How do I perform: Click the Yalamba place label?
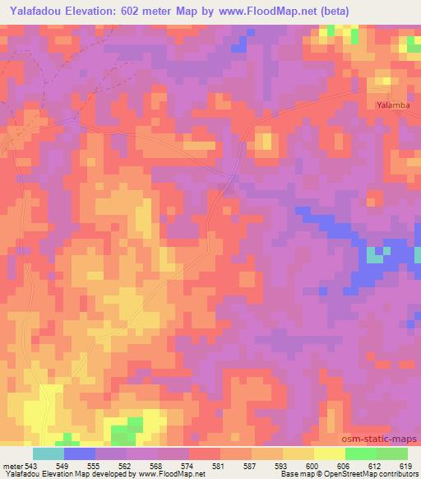(387, 105)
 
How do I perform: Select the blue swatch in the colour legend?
(80, 453)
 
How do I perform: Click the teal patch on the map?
(375, 256)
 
